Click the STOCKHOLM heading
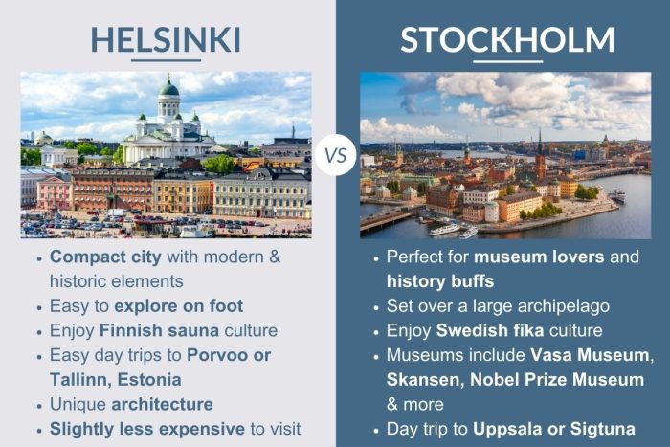[507, 39]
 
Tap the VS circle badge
[335, 156]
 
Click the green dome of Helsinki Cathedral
[169, 89]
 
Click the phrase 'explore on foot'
[179, 306]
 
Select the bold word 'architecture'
[162, 404]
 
